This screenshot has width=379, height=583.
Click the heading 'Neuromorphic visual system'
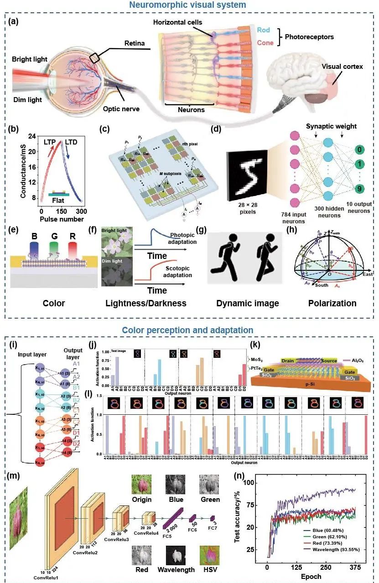tap(189, 5)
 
